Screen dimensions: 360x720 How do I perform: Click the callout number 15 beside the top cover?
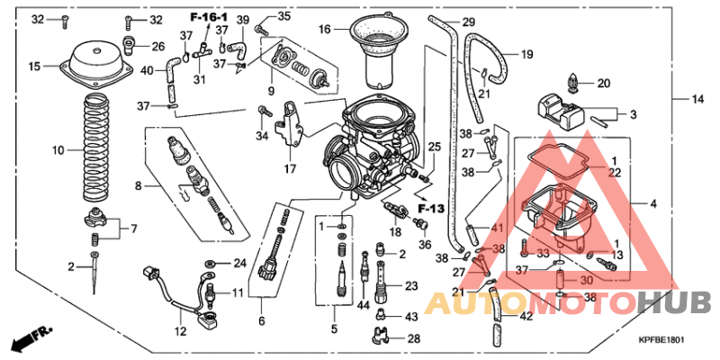point(34,67)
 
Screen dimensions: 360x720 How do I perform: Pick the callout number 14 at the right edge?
point(697,98)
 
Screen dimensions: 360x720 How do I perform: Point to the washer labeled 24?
point(209,264)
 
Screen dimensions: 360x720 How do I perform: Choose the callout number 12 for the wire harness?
point(180,332)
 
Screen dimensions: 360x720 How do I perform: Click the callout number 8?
point(139,186)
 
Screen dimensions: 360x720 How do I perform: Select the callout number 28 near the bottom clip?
point(413,338)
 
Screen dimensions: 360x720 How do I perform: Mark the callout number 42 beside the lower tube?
point(526,316)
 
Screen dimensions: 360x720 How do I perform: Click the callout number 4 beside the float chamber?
point(654,204)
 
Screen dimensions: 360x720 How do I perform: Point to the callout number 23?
point(412,286)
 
